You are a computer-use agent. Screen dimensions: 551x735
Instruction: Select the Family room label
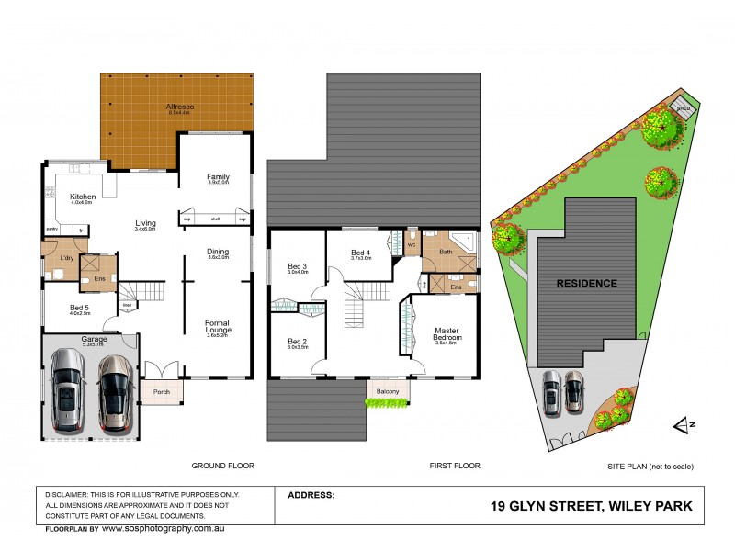click(x=217, y=177)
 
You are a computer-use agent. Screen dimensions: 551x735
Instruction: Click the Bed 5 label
click(x=79, y=309)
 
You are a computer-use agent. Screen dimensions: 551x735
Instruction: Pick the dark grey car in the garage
click(x=69, y=389)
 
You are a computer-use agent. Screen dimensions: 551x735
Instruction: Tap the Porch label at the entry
click(x=161, y=392)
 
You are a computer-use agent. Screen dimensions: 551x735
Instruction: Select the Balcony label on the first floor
click(x=387, y=392)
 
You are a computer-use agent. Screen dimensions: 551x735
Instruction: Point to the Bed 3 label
click(x=296, y=267)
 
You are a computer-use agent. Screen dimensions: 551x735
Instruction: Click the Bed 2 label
click(x=296, y=343)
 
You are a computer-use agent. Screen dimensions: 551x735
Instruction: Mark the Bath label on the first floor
click(x=446, y=252)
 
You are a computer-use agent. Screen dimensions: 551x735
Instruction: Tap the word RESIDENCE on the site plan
click(x=586, y=283)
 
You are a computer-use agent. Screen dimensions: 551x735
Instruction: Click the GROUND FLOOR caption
click(x=221, y=466)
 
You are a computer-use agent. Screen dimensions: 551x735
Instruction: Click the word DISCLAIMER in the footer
click(x=70, y=493)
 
